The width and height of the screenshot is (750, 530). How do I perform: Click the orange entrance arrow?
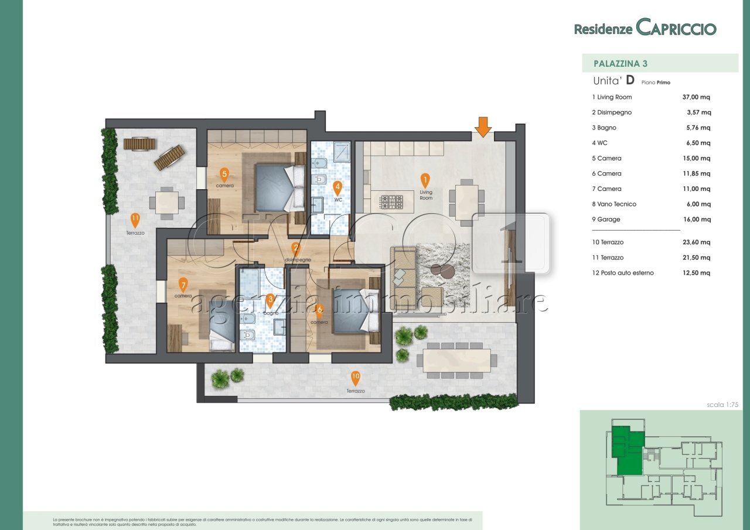483,126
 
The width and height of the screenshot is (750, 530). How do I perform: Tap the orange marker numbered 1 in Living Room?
425,180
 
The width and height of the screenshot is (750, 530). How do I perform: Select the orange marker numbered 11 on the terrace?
135,220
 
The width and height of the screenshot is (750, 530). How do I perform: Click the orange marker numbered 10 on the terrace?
355,378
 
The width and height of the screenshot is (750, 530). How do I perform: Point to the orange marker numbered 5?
224,174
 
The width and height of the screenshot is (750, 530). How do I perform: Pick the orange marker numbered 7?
183,285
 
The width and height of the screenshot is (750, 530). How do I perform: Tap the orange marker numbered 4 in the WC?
337,187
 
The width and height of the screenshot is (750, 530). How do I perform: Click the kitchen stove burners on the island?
392,202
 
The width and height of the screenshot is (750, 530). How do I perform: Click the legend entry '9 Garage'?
606,220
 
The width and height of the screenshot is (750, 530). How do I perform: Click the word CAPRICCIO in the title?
676,28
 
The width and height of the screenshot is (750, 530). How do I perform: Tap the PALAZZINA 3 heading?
620,63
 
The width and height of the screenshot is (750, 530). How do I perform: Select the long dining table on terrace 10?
456,360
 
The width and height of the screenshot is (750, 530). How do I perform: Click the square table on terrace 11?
167,203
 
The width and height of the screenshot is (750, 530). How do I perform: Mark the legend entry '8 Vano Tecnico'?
613,204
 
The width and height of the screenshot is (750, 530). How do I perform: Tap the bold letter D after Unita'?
630,81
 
